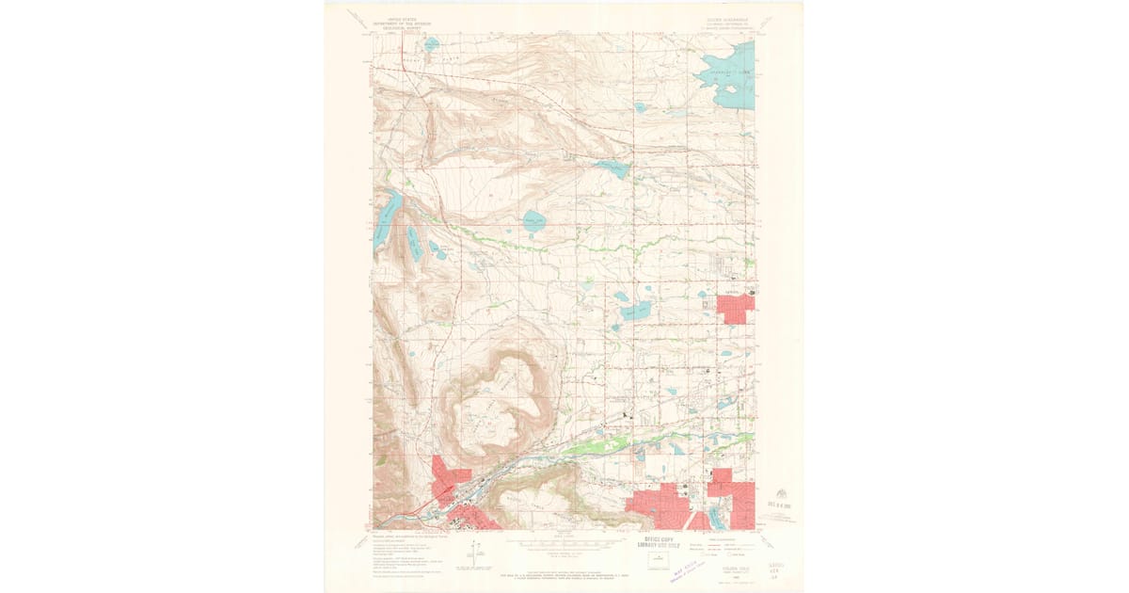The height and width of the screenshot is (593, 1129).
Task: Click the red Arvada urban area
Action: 735,308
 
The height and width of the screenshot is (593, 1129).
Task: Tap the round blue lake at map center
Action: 533,222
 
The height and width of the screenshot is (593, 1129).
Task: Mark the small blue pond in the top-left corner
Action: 431,43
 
